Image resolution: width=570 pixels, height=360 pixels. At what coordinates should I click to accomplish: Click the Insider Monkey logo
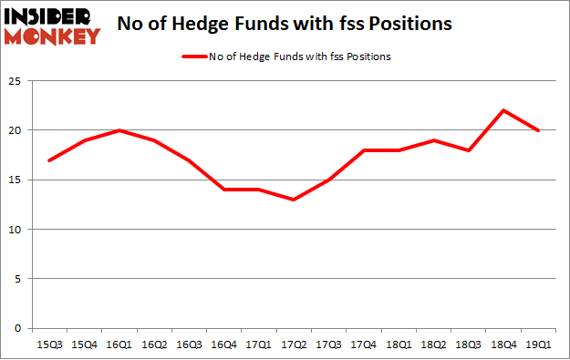click(x=52, y=26)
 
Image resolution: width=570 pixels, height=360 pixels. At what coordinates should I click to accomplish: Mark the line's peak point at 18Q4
click(x=503, y=110)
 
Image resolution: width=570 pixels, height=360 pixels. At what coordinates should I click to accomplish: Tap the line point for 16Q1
click(x=119, y=130)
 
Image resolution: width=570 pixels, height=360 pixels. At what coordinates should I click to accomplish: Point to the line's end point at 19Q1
click(x=538, y=130)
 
